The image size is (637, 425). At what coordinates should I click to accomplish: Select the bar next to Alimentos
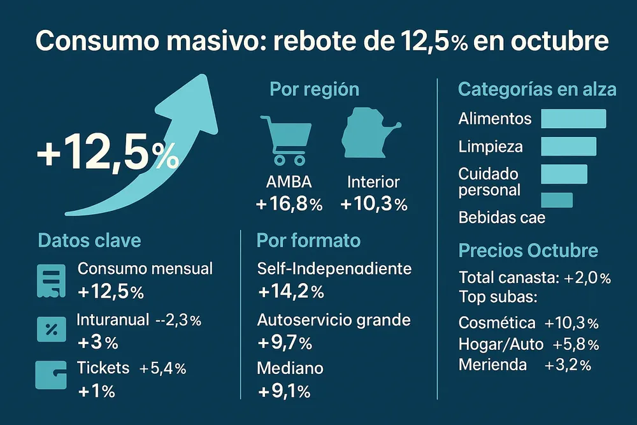coord(573,119)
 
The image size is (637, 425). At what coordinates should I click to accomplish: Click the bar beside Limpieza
coord(568,146)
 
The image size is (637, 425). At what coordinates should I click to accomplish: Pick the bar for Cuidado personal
coord(564,174)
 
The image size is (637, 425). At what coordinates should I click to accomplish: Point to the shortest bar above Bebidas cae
coord(556,200)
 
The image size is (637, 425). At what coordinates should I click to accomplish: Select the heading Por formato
coord(308,240)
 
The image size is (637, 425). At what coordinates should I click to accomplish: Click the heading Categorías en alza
coord(537,89)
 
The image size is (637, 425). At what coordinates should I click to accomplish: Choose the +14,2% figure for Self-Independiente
coord(291,292)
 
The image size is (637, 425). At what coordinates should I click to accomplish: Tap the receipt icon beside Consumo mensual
coord(52,280)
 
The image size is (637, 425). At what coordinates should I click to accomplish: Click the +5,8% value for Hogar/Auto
coord(576,345)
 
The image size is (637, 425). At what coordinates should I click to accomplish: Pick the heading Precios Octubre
coord(528,250)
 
